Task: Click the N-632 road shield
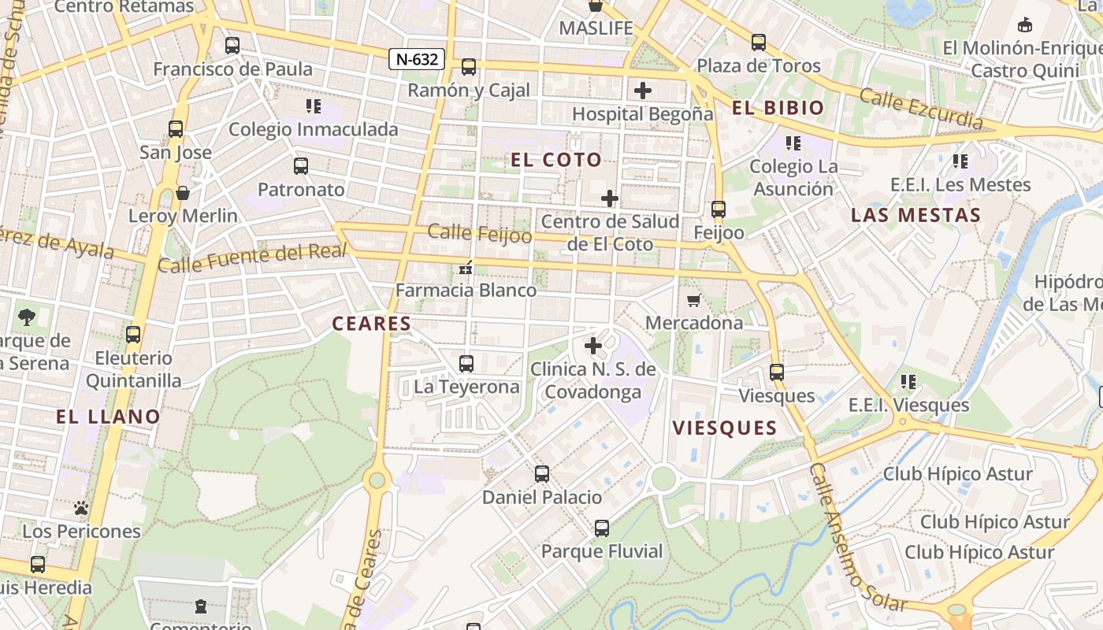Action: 417,59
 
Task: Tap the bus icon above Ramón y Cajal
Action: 469,67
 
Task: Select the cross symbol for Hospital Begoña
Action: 643,91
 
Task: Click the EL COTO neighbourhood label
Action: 556,160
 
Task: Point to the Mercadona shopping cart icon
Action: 694,300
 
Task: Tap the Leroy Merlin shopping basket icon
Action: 183,193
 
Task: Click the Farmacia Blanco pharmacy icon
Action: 466,269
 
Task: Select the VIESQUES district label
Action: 725,428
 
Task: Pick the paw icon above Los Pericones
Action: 80,509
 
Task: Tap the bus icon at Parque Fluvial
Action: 602,528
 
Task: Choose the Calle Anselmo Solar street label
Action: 858,538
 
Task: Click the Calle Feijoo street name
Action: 480,234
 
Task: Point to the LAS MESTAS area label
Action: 916,215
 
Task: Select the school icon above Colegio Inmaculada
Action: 313,106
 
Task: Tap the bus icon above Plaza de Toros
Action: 759,43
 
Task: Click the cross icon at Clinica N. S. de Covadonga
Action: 593,346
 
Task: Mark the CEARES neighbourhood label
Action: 372,324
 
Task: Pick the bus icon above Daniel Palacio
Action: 542,474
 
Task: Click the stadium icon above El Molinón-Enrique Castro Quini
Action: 1025,25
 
